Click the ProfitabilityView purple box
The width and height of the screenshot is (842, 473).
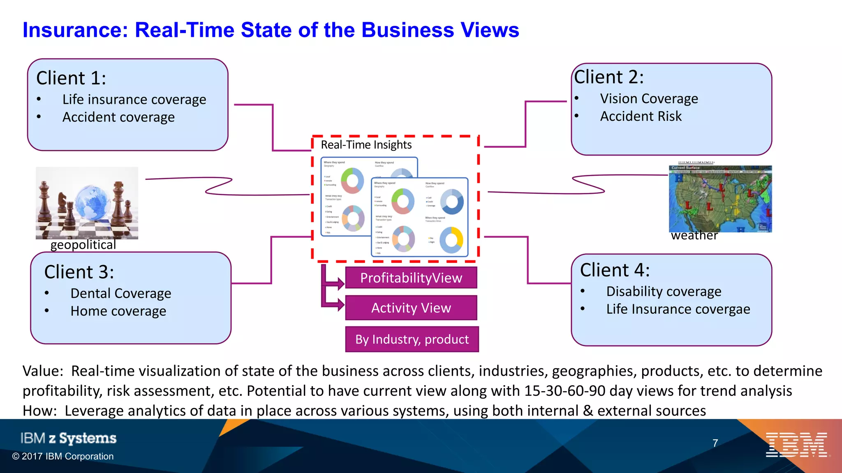411,278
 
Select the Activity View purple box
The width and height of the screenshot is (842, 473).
411,308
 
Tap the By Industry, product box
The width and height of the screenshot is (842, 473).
412,340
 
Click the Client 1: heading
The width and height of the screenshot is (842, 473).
71,78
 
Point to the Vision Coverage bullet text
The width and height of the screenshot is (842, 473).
649,99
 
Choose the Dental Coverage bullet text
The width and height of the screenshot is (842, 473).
120,294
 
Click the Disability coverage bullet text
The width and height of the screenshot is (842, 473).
664,292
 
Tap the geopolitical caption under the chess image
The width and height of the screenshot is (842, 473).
83,245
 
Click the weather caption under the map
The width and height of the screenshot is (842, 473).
694,236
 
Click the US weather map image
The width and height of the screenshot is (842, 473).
720,199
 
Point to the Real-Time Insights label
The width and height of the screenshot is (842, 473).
366,145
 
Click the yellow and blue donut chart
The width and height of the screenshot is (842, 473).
451,240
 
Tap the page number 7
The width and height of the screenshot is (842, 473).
715,443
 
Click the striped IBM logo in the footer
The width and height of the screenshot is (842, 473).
796,445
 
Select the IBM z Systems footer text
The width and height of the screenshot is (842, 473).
68,438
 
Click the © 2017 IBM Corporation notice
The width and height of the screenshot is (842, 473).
63,456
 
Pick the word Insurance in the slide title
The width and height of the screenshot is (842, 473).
76,30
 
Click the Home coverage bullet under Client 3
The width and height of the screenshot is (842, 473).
118,311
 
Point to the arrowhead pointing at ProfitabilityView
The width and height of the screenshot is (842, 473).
341,283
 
